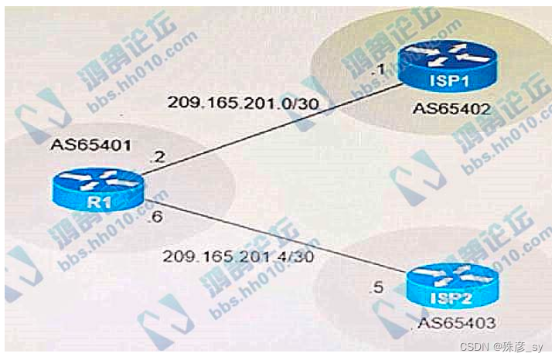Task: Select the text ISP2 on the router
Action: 451,295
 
